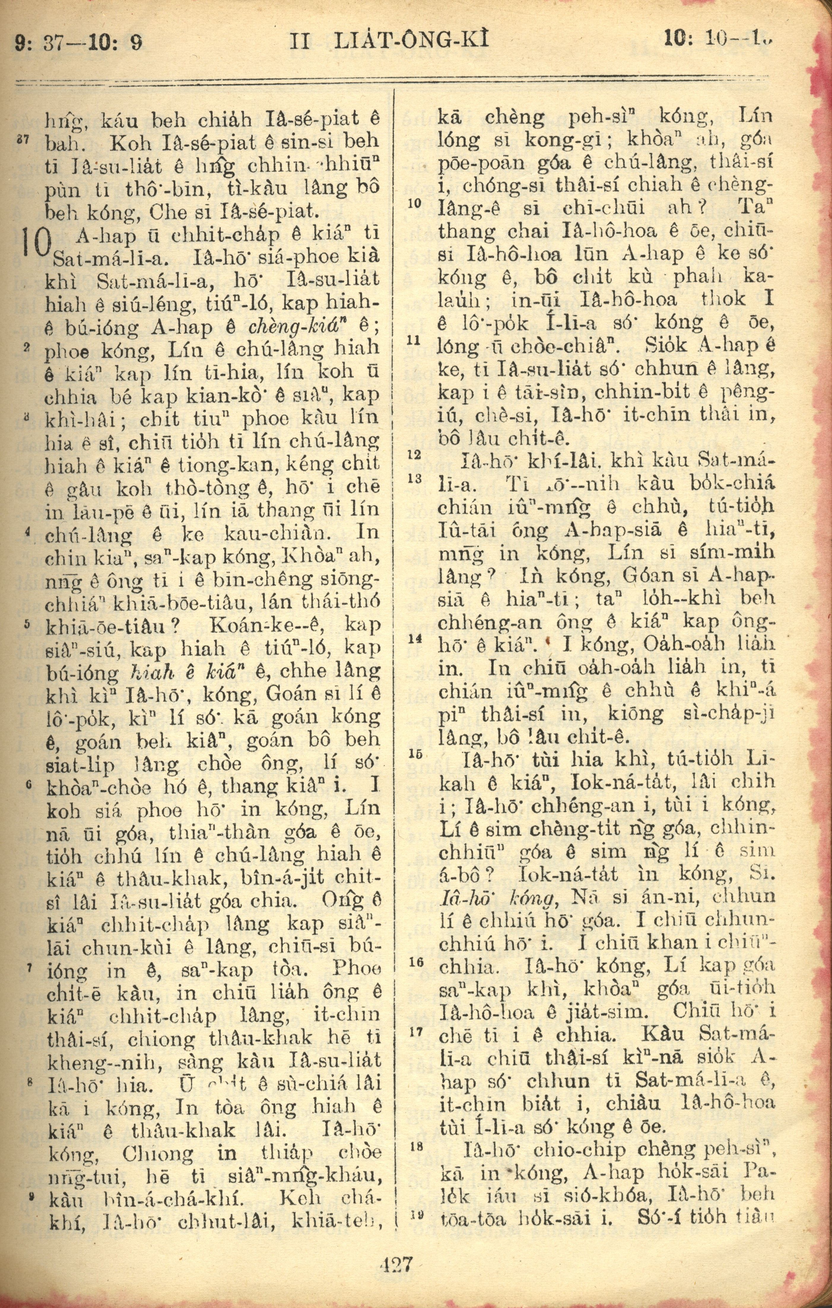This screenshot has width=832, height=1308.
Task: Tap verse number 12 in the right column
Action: pos(415,454)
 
